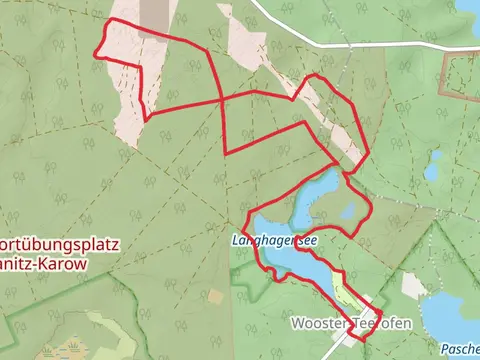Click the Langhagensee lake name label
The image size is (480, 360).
point(275,241)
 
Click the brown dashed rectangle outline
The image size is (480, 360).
point(461,74)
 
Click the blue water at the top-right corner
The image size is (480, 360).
point(471,5)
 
